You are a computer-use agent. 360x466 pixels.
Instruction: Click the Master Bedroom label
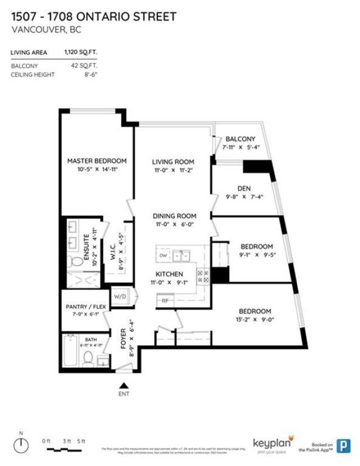coord(96,161)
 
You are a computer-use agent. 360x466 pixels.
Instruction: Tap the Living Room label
coord(173,161)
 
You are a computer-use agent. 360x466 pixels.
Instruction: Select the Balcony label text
coord(240,139)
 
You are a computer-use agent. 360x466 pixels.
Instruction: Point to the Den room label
coord(243,188)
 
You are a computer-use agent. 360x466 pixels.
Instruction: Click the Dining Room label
coord(174,216)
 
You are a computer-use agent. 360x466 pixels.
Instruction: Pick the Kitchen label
coord(168,274)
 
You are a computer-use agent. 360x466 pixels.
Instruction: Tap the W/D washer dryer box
coord(120,295)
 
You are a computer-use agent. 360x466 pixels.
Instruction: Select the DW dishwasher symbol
coord(163,255)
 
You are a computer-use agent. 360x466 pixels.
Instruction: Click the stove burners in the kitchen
coord(203,276)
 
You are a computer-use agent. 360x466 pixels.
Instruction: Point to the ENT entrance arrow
coord(123,385)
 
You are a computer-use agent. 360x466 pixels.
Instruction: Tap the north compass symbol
coord(20,444)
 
